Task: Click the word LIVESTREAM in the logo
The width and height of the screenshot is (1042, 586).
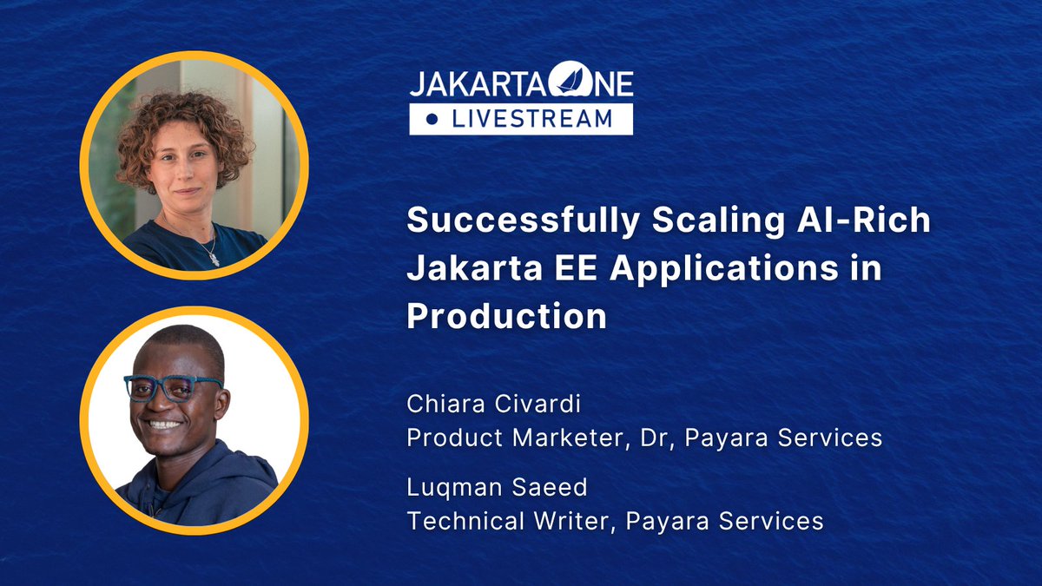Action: (531, 119)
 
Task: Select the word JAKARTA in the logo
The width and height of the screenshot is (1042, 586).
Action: (473, 84)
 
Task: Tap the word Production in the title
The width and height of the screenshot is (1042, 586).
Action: (506, 316)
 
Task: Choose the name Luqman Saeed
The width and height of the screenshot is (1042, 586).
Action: (497, 488)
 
